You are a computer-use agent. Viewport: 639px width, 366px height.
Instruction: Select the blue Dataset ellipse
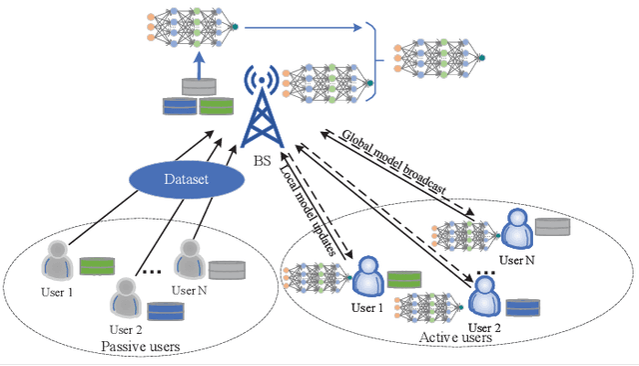point(188,180)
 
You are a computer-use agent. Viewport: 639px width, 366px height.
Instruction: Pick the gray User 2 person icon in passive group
point(125,294)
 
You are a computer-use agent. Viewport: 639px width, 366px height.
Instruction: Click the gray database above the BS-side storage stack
point(197,87)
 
